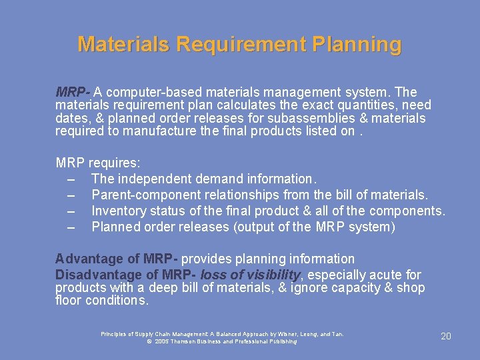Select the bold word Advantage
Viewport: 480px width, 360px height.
click(x=85, y=259)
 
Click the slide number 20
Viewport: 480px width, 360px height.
click(x=446, y=337)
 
